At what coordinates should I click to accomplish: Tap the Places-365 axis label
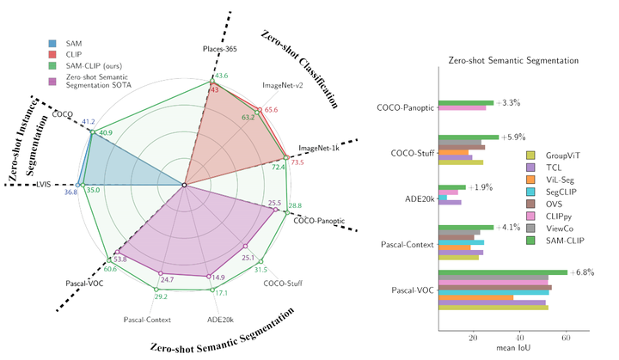pyautogui.click(x=219, y=50)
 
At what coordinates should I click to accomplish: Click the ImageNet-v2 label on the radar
pyautogui.click(x=284, y=86)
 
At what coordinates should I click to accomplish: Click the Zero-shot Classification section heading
pyautogui.click(x=297, y=65)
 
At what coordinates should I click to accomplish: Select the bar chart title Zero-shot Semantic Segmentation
pyautogui.click(x=515, y=61)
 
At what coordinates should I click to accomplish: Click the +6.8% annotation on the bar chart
pyautogui.click(x=583, y=272)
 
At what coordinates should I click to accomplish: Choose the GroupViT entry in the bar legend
pyautogui.click(x=561, y=155)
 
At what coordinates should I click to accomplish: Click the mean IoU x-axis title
pyautogui.click(x=516, y=348)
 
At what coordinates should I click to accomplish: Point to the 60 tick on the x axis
pyautogui.click(x=566, y=338)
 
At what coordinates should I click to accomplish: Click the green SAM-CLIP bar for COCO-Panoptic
pyautogui.click(x=465, y=102)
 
